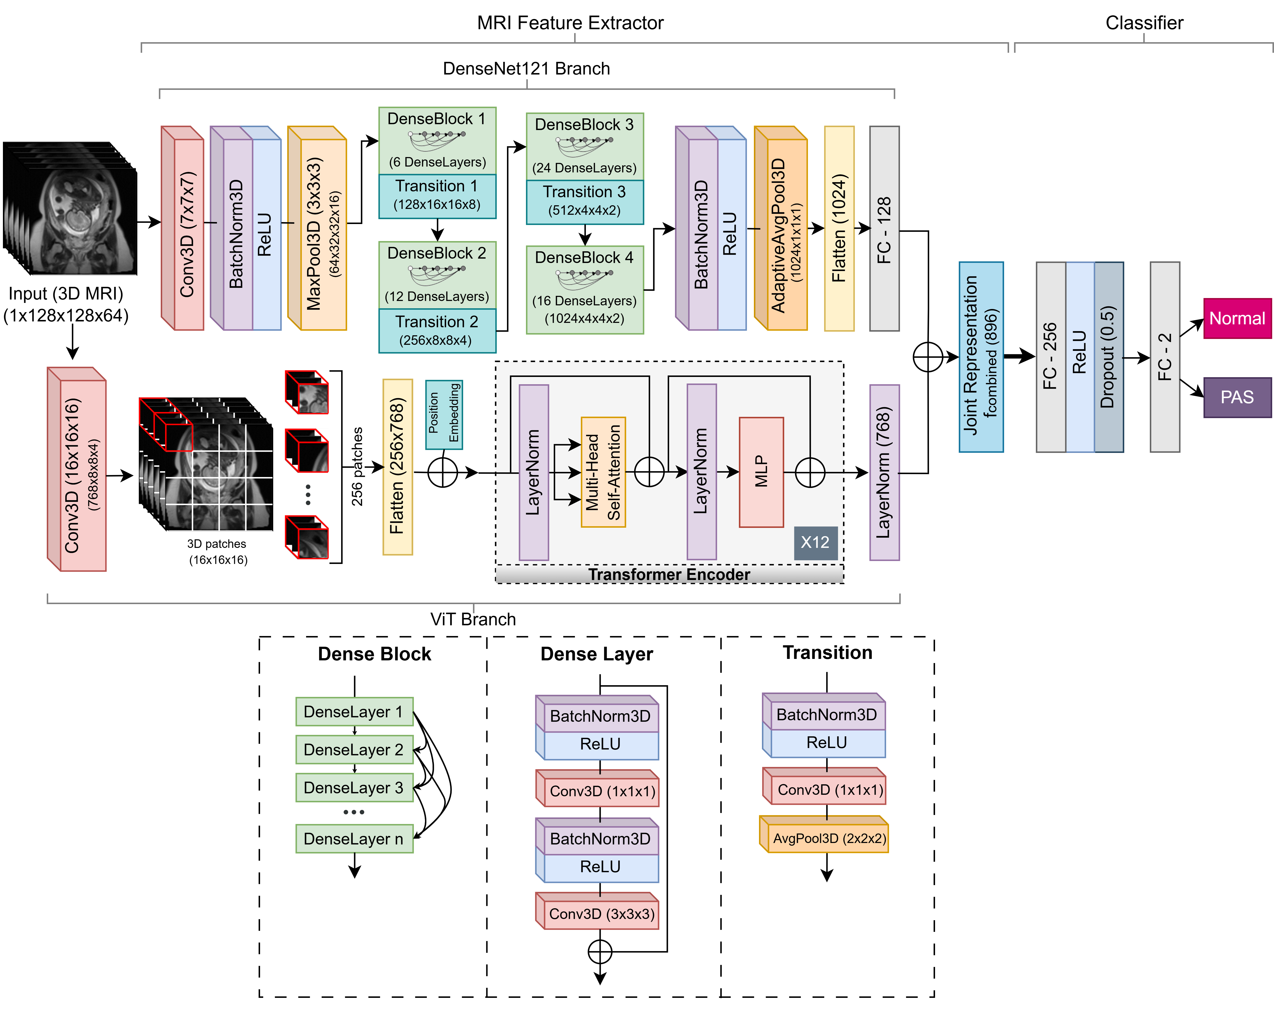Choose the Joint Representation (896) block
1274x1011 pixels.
tap(981, 357)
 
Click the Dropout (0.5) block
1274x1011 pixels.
tap(1109, 357)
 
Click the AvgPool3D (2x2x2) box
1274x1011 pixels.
tap(827, 838)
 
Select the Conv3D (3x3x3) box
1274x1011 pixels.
tap(600, 914)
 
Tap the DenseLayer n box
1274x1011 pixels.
tap(354, 838)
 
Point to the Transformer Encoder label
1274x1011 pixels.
tap(669, 574)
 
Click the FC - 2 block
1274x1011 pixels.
tap(1165, 357)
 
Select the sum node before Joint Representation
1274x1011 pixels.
tap(928, 357)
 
